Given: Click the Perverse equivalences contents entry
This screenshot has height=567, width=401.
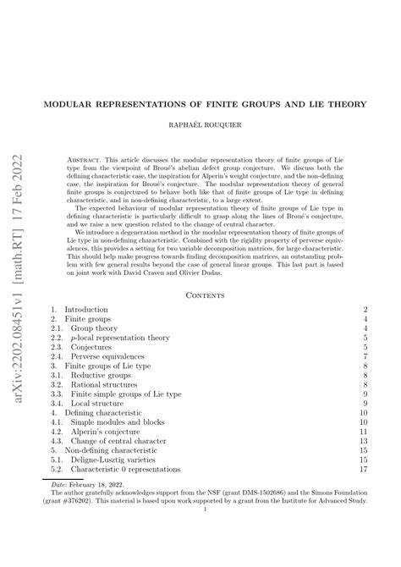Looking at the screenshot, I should [115, 357].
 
